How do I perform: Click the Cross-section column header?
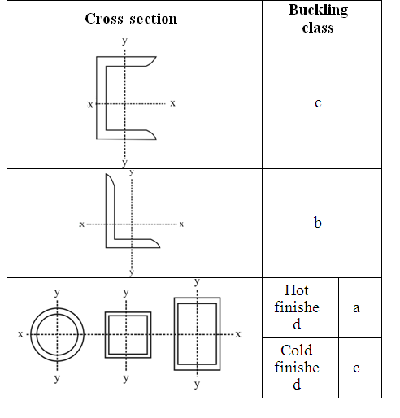point(131,19)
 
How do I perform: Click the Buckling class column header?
point(318,19)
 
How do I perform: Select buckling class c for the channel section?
point(318,103)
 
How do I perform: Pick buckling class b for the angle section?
point(318,223)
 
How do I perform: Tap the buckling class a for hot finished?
point(356,308)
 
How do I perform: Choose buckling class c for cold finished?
point(356,368)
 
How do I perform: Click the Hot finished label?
point(297,307)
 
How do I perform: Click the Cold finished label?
point(297,368)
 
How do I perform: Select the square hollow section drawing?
point(107,335)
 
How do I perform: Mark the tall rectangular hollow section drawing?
point(176,334)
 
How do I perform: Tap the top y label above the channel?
point(124,41)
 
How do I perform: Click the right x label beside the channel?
point(172,103)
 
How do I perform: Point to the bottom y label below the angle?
point(132,272)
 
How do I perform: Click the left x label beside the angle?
point(82,224)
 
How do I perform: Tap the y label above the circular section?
point(57,293)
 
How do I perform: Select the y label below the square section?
point(126,378)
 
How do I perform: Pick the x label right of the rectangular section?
point(238,334)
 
